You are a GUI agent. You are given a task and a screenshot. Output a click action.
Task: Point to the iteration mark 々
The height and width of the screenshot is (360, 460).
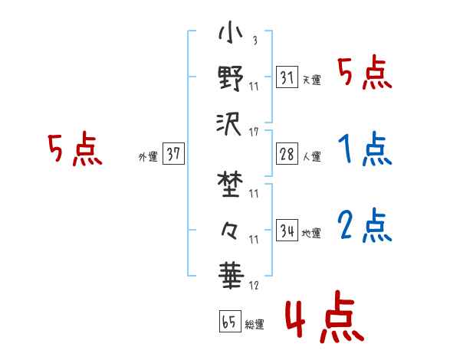point(230,227)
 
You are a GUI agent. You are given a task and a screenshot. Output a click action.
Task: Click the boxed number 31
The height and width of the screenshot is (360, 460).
point(287,77)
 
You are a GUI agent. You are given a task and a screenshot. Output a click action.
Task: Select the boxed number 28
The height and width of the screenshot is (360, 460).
point(287,152)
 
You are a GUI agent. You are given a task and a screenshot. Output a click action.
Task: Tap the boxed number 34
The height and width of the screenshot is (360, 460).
point(287,229)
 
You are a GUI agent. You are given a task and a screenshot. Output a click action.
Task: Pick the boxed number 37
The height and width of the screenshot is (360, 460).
point(173,153)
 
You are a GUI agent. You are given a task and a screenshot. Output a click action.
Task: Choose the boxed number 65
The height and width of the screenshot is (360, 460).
point(229,321)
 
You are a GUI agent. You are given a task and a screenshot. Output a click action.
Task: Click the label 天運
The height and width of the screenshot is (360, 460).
point(311,80)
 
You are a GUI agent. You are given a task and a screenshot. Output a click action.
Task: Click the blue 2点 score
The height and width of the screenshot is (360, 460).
point(364,226)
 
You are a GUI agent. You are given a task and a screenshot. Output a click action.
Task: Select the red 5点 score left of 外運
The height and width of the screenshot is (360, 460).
point(74,149)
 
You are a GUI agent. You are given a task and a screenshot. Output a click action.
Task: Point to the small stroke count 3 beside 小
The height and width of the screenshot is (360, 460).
point(254,41)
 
